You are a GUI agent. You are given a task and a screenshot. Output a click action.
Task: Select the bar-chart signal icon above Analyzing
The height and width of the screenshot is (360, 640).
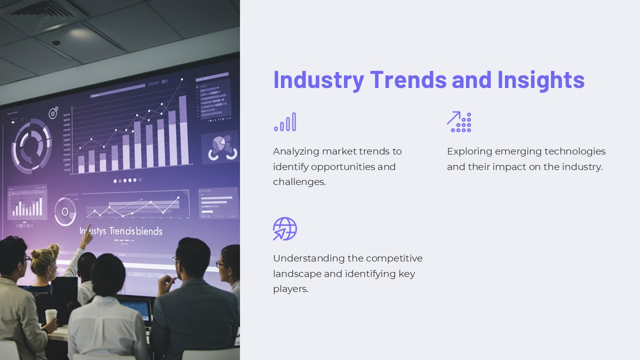coord(285,122)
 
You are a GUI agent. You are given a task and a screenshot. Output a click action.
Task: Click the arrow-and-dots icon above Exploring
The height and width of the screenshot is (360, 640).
coord(459,121)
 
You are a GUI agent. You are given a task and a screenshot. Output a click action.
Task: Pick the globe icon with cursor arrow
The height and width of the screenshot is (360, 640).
coord(285,228)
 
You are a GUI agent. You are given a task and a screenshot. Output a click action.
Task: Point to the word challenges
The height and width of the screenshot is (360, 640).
coord(299,182)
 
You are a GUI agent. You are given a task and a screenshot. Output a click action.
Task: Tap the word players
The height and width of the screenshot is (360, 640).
coord(290,289)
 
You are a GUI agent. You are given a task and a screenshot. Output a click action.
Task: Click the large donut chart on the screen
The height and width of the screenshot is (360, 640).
coord(31,146)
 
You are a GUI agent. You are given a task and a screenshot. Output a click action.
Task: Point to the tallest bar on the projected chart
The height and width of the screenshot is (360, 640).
coord(183,129)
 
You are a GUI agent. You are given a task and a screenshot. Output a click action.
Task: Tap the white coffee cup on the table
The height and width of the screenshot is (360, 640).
coord(51,316)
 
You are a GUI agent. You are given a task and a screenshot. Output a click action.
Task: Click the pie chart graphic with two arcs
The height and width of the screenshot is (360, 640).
coord(220,147)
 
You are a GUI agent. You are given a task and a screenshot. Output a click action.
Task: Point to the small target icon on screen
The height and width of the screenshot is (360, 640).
coord(53,112)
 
